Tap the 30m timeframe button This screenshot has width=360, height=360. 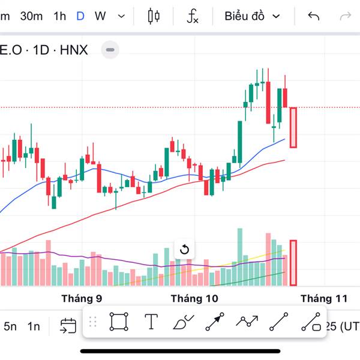(x=31, y=16)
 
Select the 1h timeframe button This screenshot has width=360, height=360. (x=59, y=16)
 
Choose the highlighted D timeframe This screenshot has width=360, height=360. (x=80, y=16)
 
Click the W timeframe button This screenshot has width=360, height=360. (x=100, y=16)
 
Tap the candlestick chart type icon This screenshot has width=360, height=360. (x=154, y=16)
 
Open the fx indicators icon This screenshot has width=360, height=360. (x=192, y=16)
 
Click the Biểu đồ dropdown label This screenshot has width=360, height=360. (x=244, y=16)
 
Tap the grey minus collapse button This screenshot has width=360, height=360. (x=109, y=50)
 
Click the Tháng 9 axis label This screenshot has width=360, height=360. (x=82, y=298)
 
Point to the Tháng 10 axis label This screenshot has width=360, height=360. (x=194, y=298)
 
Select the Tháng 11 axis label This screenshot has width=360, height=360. (x=324, y=298)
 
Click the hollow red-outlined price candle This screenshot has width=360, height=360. (x=293, y=127)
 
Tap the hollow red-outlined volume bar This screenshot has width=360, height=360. (x=293, y=263)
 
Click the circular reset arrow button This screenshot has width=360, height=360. (x=185, y=250)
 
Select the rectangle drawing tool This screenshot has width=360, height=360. (x=119, y=322)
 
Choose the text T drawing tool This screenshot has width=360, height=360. (x=151, y=322)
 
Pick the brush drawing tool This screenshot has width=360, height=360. (x=182, y=323)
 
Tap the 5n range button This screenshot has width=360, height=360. (x=10, y=326)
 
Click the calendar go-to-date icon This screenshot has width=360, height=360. (x=68, y=326)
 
